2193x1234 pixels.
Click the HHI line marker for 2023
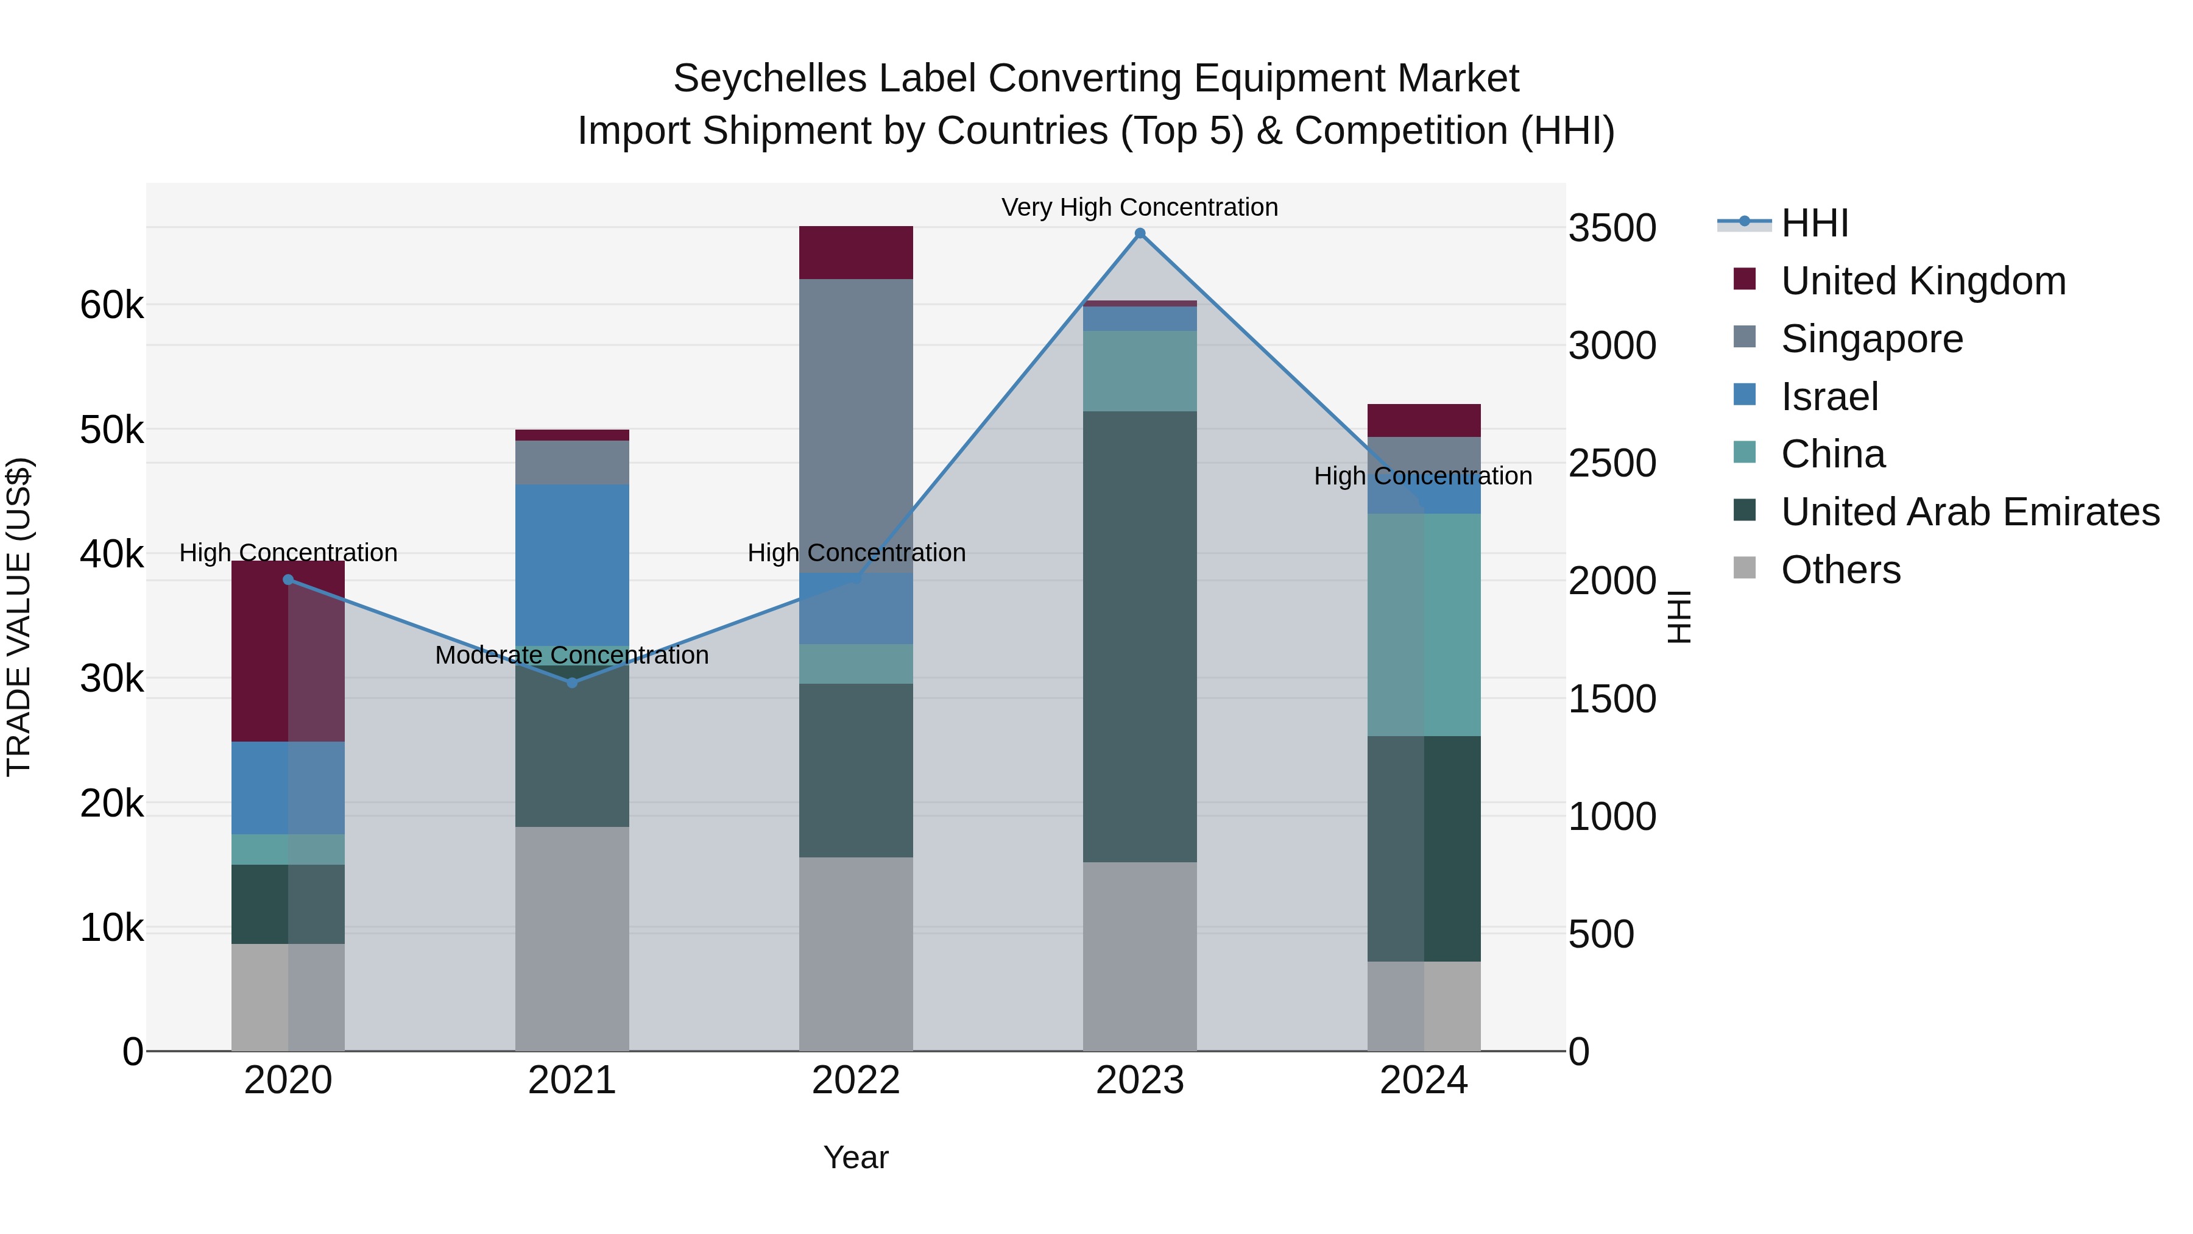coord(1140,233)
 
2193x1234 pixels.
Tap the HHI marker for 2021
coord(572,682)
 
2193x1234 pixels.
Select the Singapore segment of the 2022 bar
coord(856,426)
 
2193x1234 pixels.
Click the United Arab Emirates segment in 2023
coord(1140,636)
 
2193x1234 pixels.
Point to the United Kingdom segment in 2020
coord(288,651)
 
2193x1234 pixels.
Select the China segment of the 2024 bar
coord(1424,624)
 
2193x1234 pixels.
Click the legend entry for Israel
coord(1829,397)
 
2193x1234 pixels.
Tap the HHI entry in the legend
coord(1813,223)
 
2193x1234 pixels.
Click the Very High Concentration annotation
coord(1139,207)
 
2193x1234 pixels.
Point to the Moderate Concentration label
coord(571,655)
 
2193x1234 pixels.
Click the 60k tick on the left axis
coord(111,306)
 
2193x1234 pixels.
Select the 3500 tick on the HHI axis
coord(1611,229)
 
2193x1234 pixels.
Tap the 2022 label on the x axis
coord(856,1080)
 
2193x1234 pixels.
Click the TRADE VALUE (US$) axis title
coord(19,617)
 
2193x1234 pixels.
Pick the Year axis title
coord(856,1157)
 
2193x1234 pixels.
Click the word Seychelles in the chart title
coord(769,79)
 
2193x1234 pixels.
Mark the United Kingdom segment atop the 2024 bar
coord(1424,420)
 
